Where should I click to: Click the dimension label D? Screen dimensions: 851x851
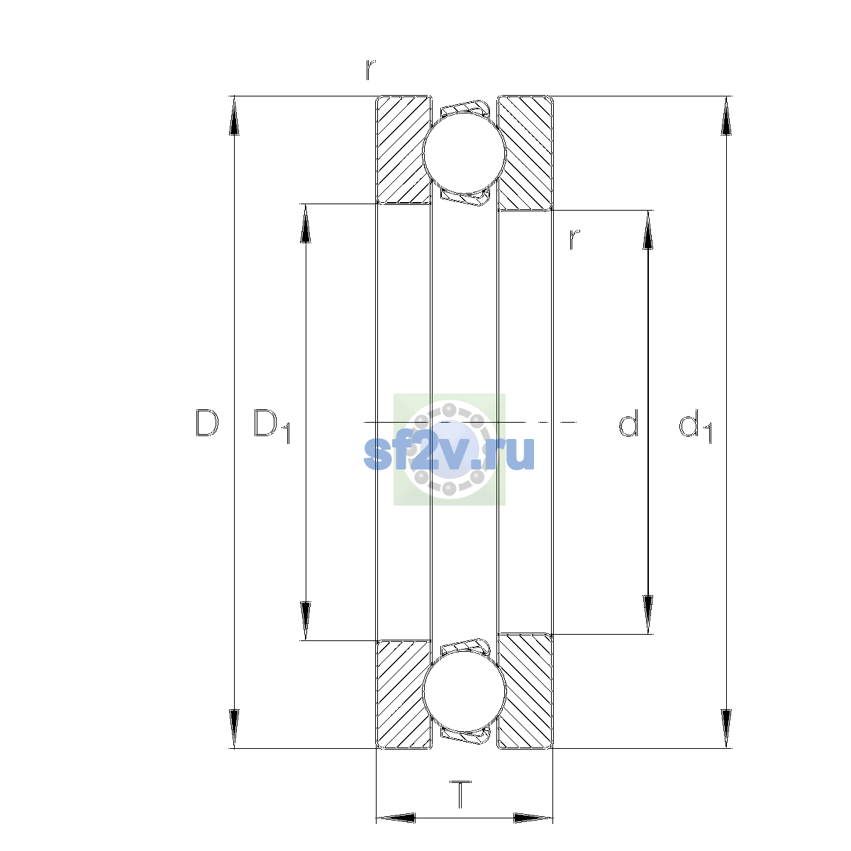[206, 423]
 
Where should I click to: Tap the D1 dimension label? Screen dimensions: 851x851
[272, 426]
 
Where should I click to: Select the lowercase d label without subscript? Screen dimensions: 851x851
[628, 423]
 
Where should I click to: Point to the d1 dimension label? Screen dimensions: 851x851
[695, 425]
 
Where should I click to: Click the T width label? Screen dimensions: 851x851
[460, 794]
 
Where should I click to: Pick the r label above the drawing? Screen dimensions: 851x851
[370, 69]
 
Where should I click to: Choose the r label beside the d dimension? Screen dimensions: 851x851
[574, 240]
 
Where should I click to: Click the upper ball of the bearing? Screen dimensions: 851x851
[464, 152]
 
